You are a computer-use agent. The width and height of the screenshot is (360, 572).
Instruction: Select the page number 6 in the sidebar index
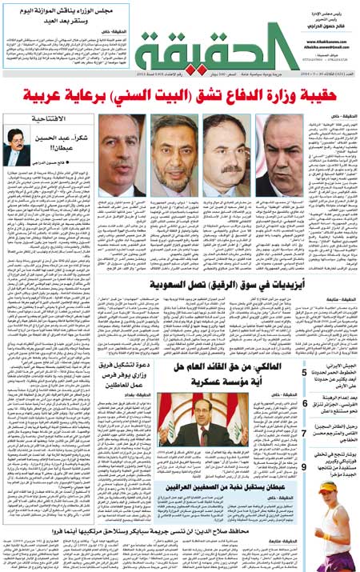(x=305, y=403)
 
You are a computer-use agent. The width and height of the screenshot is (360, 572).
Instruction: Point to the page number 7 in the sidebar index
(x=305, y=433)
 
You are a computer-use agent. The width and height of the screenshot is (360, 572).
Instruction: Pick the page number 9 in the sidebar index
(x=305, y=466)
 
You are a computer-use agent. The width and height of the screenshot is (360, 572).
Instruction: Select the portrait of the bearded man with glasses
(x=175, y=155)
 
